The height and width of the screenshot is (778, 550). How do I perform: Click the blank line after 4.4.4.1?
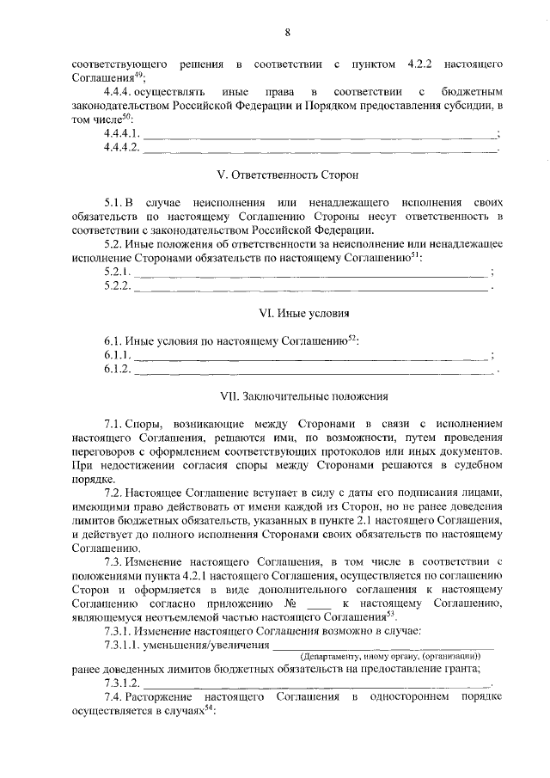pyautogui.click(x=319, y=135)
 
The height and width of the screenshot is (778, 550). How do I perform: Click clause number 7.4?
pyautogui.click(x=113, y=695)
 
